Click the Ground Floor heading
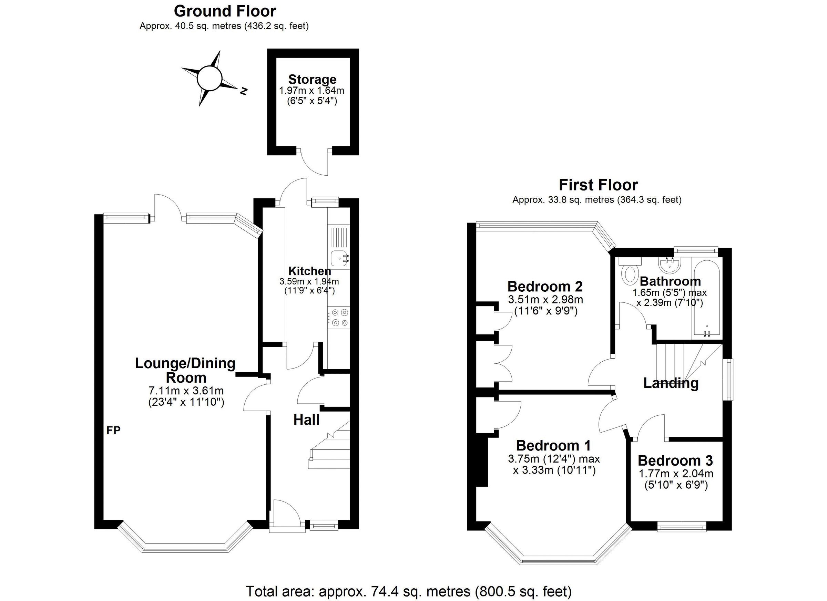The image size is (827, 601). coord(225,11)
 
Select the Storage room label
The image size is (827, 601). coord(312,79)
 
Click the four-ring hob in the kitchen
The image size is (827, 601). coord(338,318)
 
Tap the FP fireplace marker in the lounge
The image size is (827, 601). coord(113,431)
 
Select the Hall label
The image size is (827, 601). coord(306,420)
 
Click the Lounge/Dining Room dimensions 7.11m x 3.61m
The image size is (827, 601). coord(186,391)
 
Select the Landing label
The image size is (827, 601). coord(671,383)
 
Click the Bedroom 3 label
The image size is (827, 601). coord(675,461)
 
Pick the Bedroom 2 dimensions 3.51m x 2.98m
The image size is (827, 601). coord(545,300)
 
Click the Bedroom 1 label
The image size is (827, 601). coord(553,445)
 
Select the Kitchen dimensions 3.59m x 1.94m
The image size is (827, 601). coord(309,281)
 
